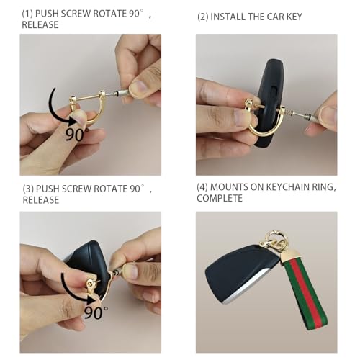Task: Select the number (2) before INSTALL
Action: click(203, 17)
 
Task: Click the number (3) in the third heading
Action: click(28, 189)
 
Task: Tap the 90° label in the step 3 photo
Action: click(95, 312)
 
